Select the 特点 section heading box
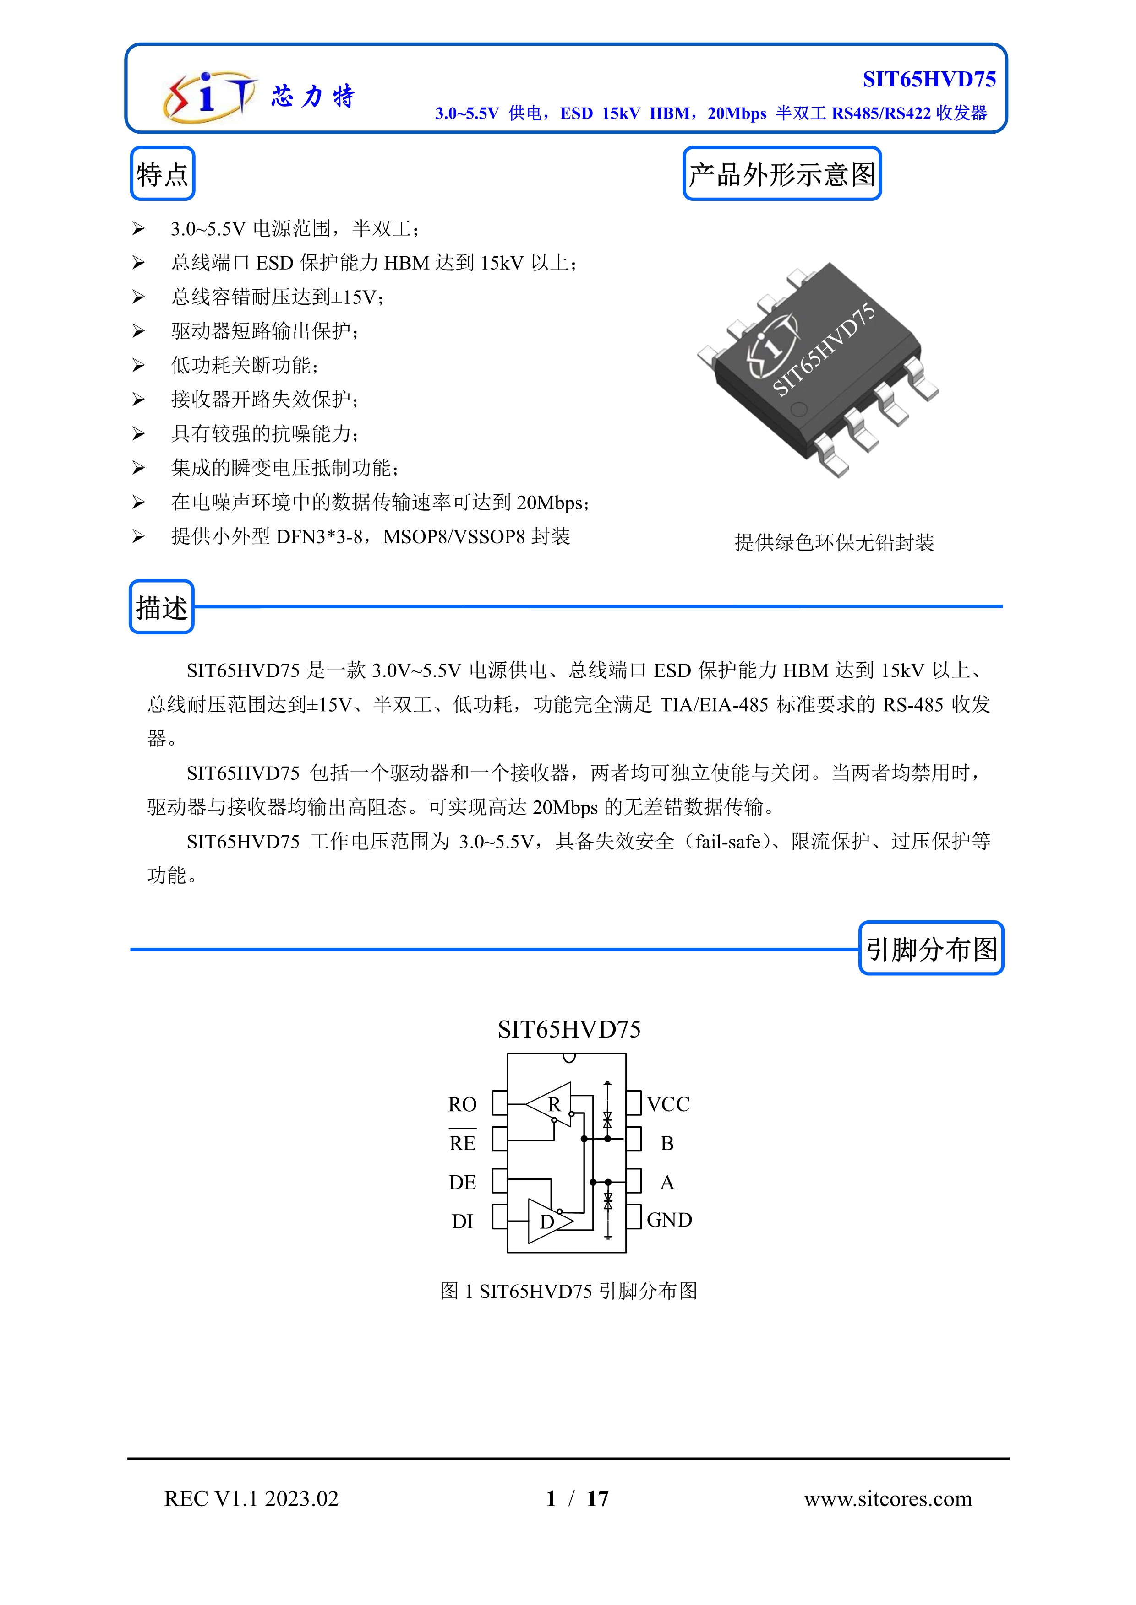(x=162, y=174)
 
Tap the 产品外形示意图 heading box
(x=781, y=174)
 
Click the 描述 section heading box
(x=162, y=607)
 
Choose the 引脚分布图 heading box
(x=931, y=949)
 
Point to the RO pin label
(x=462, y=1104)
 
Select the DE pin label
(x=462, y=1182)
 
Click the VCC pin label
(x=668, y=1104)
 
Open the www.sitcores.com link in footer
(x=888, y=1499)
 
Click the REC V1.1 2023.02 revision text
(x=251, y=1499)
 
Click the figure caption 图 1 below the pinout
(x=568, y=1291)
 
